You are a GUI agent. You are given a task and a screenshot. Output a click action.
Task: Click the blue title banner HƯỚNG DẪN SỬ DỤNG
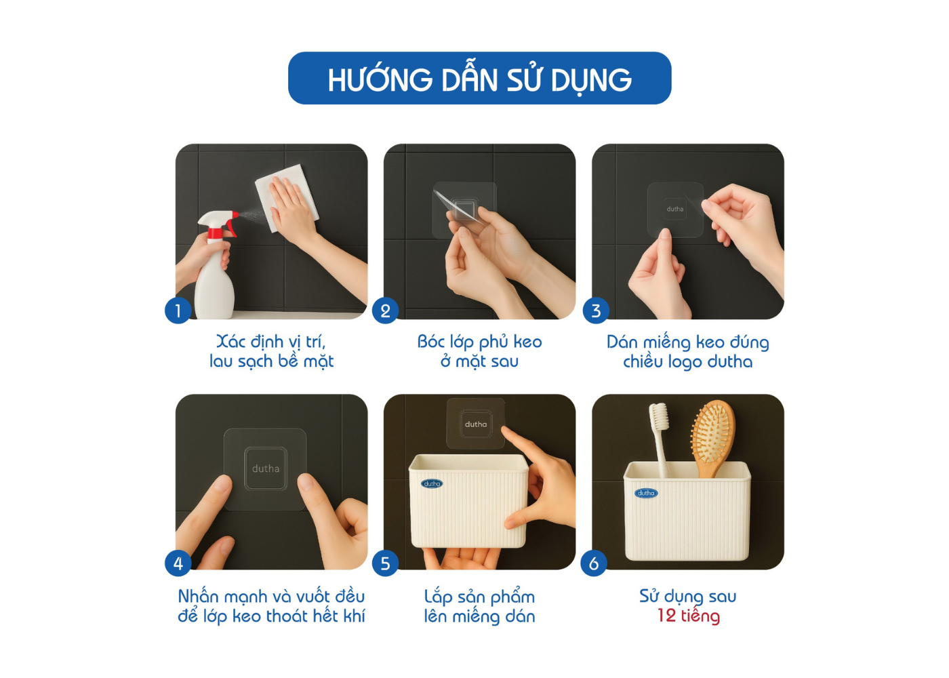(x=480, y=79)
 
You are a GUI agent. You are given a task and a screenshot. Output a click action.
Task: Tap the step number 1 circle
(x=178, y=311)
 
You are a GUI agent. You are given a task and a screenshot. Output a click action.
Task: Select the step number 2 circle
(x=385, y=311)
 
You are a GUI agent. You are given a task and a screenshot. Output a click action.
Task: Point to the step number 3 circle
(x=596, y=311)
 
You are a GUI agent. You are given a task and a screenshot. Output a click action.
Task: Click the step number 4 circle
(x=178, y=563)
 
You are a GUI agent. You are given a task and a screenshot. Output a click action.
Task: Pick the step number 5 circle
(x=385, y=563)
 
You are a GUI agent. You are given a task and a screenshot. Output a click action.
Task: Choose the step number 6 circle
(x=594, y=563)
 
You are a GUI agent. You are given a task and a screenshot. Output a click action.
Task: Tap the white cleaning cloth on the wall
(x=287, y=198)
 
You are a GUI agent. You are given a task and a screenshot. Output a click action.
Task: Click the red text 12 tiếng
(x=689, y=616)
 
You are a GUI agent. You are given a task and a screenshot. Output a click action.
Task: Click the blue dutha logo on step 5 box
(x=432, y=483)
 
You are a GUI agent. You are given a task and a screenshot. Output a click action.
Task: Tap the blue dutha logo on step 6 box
(x=645, y=493)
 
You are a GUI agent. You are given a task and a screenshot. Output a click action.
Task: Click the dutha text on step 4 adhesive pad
(x=266, y=468)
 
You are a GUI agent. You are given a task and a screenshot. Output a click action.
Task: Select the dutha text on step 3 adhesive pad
(x=675, y=209)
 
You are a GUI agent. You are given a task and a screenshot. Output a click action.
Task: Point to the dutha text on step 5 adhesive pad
(x=476, y=424)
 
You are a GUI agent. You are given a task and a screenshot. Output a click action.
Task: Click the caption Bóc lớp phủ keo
(x=480, y=342)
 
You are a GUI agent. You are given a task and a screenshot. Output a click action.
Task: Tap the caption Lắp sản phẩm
(x=480, y=597)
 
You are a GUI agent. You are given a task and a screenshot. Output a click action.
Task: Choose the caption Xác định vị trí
(x=271, y=342)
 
